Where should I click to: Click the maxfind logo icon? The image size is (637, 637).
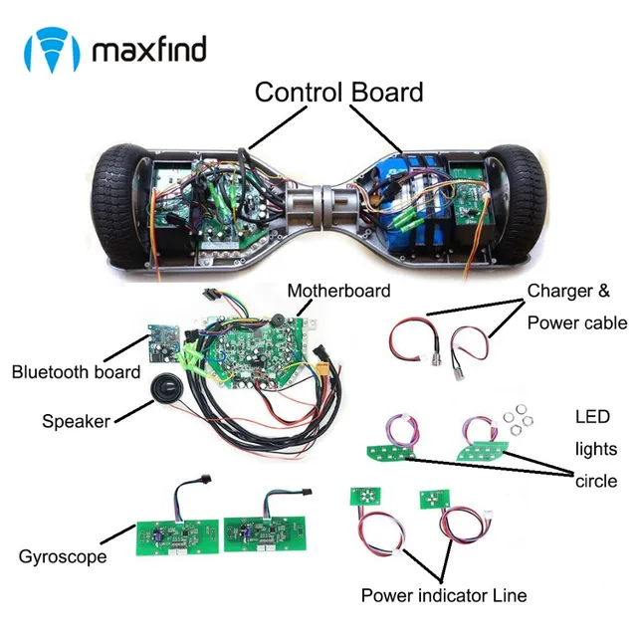click(x=51, y=47)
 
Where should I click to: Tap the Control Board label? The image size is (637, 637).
click(x=338, y=93)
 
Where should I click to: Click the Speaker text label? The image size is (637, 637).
click(x=76, y=421)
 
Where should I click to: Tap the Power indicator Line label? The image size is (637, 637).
click(x=443, y=596)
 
